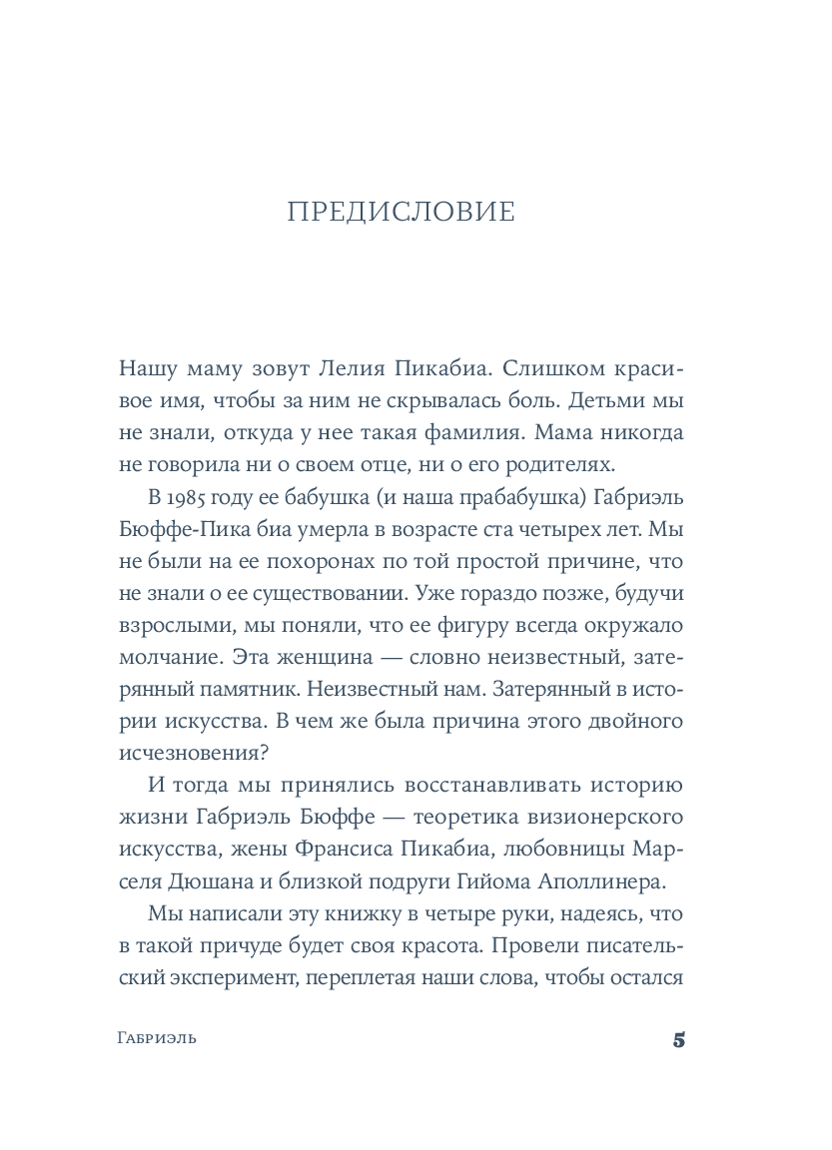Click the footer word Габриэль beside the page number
[x=155, y=1038]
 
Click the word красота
[x=458, y=946]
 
